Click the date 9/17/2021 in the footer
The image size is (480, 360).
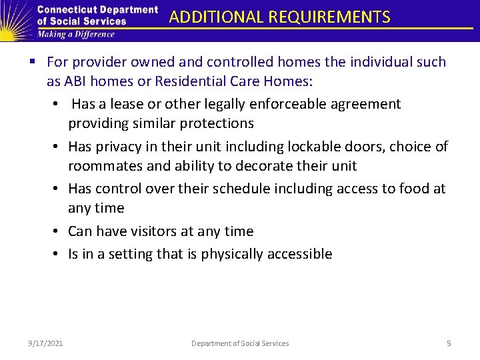[x=46, y=343]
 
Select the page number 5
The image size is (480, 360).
[x=449, y=343]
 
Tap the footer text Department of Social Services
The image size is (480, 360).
[x=240, y=343]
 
